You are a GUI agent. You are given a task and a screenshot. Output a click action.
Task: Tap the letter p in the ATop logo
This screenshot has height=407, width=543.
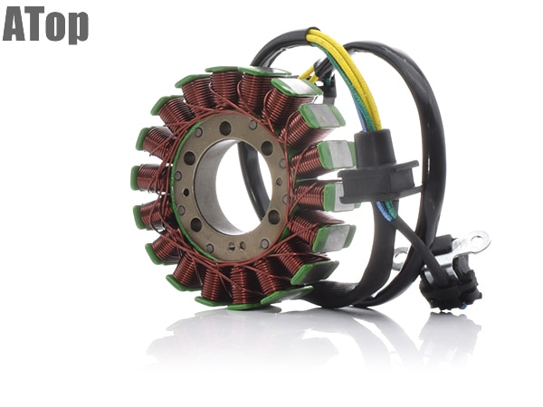click(78, 28)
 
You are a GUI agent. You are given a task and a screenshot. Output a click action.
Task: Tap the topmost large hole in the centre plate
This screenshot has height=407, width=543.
click(225, 128)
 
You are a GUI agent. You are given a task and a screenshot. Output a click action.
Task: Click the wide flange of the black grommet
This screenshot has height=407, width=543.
click(380, 181)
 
